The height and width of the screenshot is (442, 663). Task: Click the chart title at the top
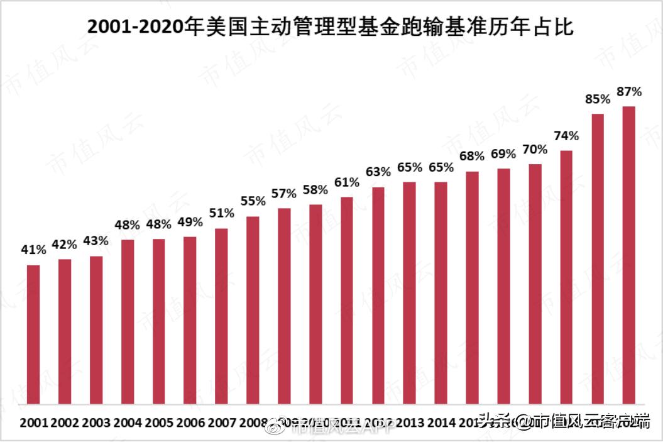tap(331, 27)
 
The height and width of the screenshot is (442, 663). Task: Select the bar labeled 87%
tap(628, 255)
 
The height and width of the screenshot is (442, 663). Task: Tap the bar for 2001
tap(33, 334)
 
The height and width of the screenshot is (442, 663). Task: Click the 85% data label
tap(598, 99)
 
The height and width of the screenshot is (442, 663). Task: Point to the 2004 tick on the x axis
tap(128, 422)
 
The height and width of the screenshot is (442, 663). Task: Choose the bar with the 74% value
tap(566, 277)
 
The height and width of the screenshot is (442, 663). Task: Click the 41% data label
tap(33, 250)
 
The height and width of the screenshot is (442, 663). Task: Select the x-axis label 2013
tap(410, 422)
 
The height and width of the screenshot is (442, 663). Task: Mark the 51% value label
tap(221, 213)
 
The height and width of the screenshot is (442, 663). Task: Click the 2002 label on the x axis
tap(65, 422)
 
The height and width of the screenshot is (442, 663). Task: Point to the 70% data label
tap(535, 150)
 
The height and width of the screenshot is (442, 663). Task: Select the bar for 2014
tap(441, 292)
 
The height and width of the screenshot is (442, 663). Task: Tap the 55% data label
tap(253, 201)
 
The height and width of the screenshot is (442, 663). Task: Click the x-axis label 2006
tap(190, 422)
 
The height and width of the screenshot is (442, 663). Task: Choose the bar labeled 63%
tap(378, 295)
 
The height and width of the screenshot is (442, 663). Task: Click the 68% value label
tap(472, 156)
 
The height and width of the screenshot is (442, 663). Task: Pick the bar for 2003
tap(96, 329)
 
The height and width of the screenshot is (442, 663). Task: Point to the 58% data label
tap(315, 189)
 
